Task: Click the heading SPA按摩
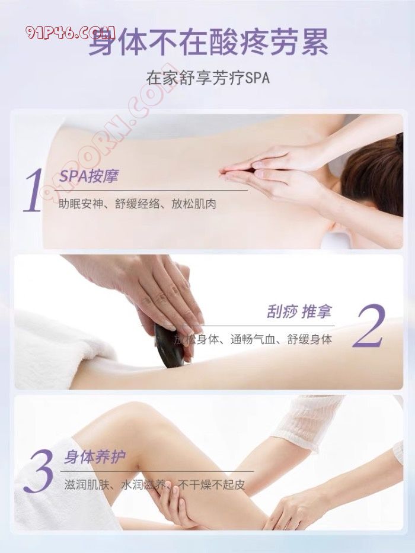click(89, 176)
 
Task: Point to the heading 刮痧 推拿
click(299, 312)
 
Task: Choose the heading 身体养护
click(95, 458)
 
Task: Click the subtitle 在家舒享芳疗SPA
click(207, 78)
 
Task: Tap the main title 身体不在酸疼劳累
click(207, 41)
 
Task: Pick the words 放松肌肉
click(193, 204)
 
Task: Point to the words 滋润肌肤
click(87, 484)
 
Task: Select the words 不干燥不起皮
click(211, 484)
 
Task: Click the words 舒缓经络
click(137, 204)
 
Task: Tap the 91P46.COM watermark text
click(70, 33)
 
